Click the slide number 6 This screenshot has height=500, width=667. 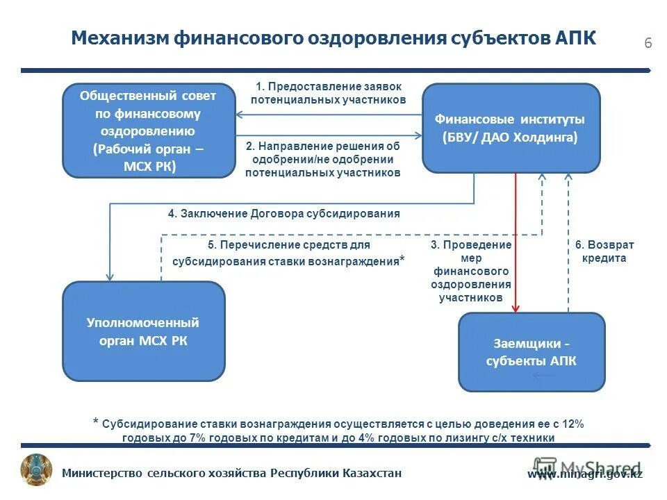(x=648, y=43)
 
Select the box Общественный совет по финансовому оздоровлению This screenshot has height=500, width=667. (x=148, y=131)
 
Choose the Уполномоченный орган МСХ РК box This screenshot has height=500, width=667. (x=143, y=331)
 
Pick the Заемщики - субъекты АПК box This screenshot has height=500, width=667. (x=531, y=352)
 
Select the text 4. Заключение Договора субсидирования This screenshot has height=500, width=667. (x=283, y=213)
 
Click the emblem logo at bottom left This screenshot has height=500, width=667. (x=36, y=470)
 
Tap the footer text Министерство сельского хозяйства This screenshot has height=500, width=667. (x=232, y=474)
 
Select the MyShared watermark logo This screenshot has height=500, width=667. (x=587, y=467)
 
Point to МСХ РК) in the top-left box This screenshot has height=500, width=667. (x=149, y=166)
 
